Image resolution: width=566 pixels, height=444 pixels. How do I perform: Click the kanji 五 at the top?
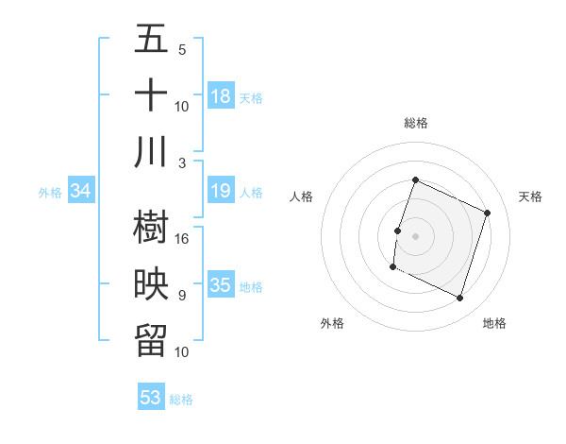click(x=151, y=41)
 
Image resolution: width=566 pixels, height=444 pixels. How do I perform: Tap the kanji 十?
click(x=151, y=95)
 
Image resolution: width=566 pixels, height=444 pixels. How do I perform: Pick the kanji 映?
click(x=151, y=284)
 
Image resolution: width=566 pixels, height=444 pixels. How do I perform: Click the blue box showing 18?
click(x=221, y=96)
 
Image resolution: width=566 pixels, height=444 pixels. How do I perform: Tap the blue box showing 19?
click(x=221, y=192)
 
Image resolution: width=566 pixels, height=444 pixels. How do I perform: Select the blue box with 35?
click(x=221, y=285)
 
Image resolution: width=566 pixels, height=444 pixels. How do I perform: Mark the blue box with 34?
click(x=81, y=192)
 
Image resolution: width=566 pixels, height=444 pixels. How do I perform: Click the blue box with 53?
click(x=151, y=398)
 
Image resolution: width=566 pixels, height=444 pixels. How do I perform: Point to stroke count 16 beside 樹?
click(x=183, y=239)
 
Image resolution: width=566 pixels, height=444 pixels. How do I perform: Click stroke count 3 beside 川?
click(x=183, y=162)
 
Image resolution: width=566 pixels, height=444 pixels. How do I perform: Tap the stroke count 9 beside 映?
click(x=182, y=296)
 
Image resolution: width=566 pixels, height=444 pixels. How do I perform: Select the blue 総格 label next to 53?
click(x=181, y=400)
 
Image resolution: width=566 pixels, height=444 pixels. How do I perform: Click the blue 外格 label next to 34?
click(x=50, y=193)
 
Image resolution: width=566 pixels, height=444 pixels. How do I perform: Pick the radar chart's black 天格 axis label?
click(x=530, y=196)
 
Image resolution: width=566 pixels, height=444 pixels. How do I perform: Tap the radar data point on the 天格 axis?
click(x=488, y=213)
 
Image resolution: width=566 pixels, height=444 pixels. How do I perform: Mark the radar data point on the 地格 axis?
click(x=460, y=299)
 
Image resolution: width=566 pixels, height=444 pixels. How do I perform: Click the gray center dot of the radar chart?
click(x=415, y=237)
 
